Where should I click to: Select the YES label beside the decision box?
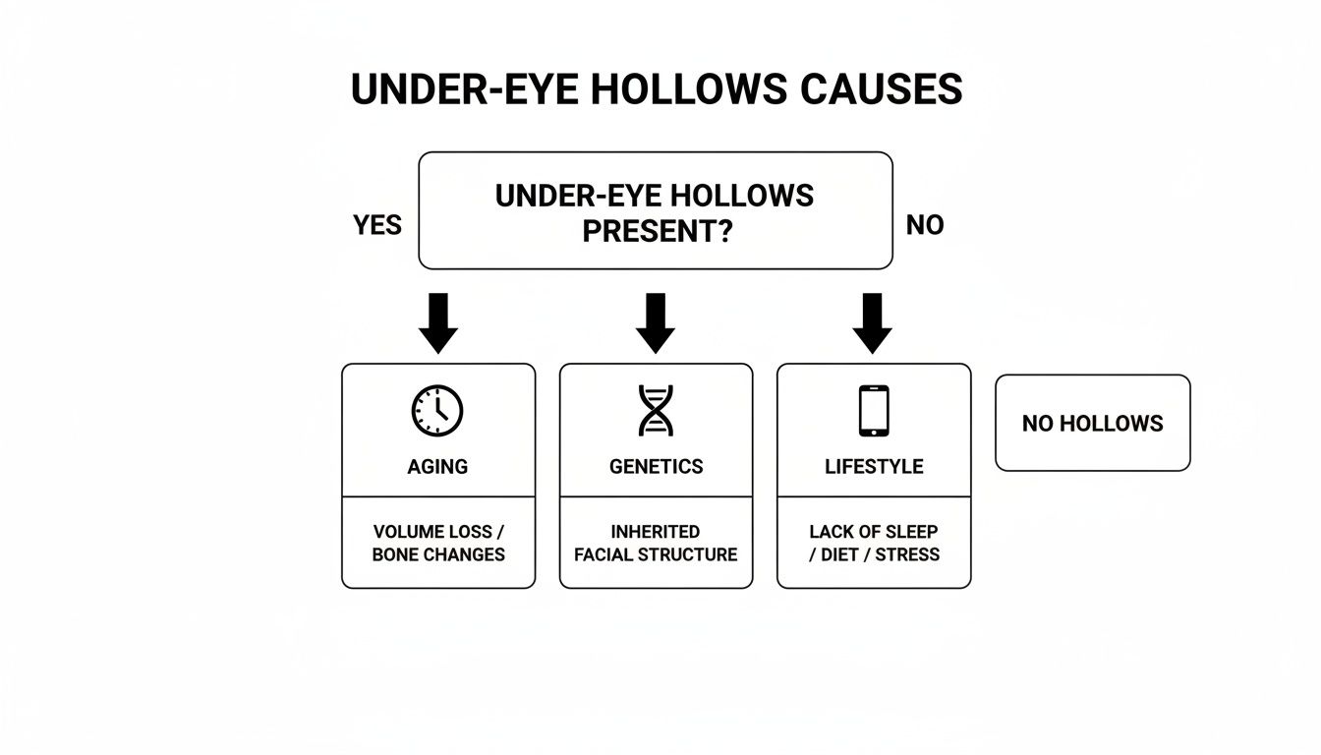[377, 225]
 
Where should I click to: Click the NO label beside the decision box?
[924, 225]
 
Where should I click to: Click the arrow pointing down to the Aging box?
[438, 323]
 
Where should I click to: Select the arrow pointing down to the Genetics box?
[656, 323]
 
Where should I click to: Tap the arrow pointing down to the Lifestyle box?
[872, 323]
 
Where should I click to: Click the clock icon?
[437, 410]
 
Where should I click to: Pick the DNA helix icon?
[656, 410]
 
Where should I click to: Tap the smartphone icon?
[873, 410]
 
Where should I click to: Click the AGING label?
[437, 467]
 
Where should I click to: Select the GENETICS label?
[656, 467]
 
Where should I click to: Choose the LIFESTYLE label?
[874, 467]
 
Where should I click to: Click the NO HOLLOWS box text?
[1092, 424]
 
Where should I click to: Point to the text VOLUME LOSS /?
[438, 532]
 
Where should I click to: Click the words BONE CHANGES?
[438, 554]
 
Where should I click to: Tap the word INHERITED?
[656, 532]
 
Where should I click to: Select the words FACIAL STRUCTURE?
[656, 554]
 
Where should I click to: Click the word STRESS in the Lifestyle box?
[907, 554]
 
